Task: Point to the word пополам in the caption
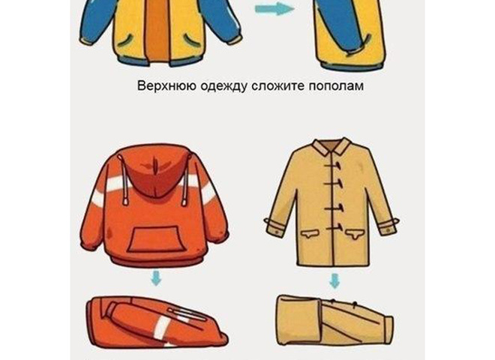tap(336, 86)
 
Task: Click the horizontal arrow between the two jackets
tap(274, 8)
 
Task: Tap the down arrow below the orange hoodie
tap(156, 278)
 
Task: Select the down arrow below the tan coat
tap(334, 281)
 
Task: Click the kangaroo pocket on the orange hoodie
tap(155, 239)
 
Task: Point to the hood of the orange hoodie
tap(154, 172)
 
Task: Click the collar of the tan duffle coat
tap(331, 146)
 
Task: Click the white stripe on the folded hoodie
tap(163, 328)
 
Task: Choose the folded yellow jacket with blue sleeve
tap(349, 34)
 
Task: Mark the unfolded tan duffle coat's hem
tap(333, 264)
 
